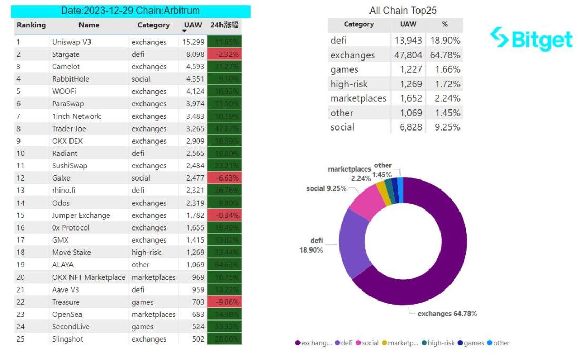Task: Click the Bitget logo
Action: click(x=531, y=38)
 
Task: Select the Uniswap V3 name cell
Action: click(x=72, y=42)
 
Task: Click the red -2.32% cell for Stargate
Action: click(x=225, y=54)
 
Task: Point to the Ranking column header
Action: click(x=31, y=25)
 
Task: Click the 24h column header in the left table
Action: click(x=225, y=25)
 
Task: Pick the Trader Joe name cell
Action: click(x=69, y=128)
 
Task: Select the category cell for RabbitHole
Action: click(x=141, y=79)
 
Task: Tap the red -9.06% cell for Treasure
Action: click(x=225, y=302)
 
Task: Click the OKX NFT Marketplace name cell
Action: click(x=88, y=277)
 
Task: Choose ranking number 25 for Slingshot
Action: click(x=21, y=339)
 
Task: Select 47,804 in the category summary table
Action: click(x=408, y=55)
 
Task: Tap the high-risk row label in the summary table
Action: click(x=349, y=84)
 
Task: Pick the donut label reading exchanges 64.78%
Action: click(x=447, y=314)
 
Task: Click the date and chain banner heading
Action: click(x=131, y=11)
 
